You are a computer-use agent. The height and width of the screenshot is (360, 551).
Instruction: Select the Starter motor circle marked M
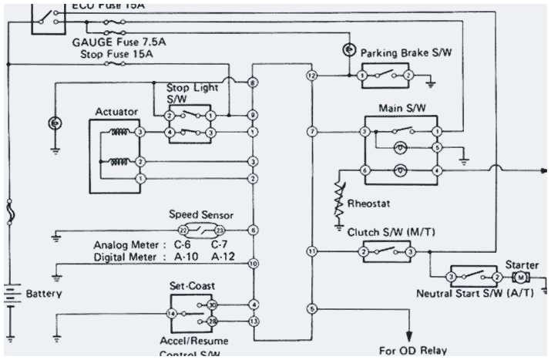coord(520,277)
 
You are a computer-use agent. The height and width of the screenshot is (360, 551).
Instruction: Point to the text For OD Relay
coord(412,350)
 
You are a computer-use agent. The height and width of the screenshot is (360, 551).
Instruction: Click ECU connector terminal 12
coord(311,76)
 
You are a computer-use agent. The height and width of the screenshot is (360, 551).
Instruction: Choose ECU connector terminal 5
coord(311,309)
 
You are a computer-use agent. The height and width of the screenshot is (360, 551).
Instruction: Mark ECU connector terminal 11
coord(311,251)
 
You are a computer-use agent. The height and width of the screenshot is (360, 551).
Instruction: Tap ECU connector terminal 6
coord(253,230)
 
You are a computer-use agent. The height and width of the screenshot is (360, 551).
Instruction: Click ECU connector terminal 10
coord(253,264)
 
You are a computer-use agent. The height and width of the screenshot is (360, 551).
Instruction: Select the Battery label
coord(43,294)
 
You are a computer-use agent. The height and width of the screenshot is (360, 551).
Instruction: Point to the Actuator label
coord(116,112)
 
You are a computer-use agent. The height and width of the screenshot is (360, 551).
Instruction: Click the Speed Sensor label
coord(200,215)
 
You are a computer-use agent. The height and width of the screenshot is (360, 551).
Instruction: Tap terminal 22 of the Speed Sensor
coord(183,230)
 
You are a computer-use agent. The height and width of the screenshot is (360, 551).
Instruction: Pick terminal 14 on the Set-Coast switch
coord(172,314)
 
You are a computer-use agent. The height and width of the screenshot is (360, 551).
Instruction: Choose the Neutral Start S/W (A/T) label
coord(467,294)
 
